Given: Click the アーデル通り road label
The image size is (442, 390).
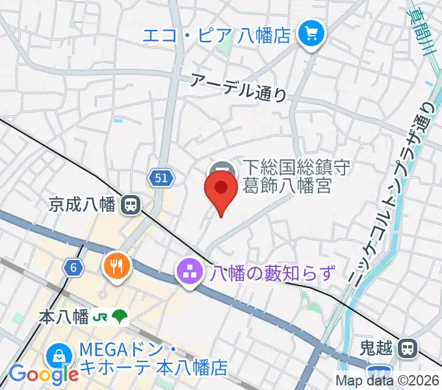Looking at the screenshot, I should (239, 86).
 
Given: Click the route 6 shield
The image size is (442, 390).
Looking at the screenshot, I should (72, 266).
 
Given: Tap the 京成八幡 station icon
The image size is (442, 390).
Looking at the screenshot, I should (131, 205).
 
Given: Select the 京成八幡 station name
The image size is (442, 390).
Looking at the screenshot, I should (82, 205).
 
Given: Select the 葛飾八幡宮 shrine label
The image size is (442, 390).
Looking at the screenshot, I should (287, 177).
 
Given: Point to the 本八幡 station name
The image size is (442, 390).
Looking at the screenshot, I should (63, 317).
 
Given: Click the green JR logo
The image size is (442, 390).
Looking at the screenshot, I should (100, 317).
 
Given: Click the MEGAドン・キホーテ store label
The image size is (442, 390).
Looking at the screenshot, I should (153, 359).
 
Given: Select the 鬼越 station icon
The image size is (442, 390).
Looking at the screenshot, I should (408, 349).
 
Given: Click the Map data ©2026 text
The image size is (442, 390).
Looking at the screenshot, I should (387, 380).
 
